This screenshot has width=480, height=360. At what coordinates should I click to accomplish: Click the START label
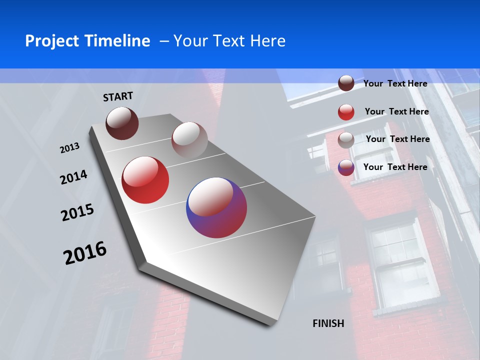pyautogui.click(x=118, y=96)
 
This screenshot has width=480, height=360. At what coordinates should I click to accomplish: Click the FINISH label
pyautogui.click(x=328, y=323)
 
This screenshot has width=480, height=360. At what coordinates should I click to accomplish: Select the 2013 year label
pyautogui.click(x=69, y=148)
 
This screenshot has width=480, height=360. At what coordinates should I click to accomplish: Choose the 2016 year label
pyautogui.click(x=85, y=252)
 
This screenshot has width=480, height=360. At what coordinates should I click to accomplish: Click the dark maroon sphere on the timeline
pyautogui.click(x=122, y=123)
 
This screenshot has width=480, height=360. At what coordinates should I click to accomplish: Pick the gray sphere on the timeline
pyautogui.click(x=189, y=140)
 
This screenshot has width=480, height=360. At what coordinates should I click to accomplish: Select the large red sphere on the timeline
pyautogui.click(x=145, y=180)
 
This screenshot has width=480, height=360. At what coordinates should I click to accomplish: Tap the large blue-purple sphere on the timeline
pyautogui.click(x=216, y=207)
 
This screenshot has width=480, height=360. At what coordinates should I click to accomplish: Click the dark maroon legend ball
pyautogui.click(x=346, y=83)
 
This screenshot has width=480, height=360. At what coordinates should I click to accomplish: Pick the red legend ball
pyautogui.click(x=346, y=111)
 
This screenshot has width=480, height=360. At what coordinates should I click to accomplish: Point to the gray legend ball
pyautogui.click(x=346, y=139)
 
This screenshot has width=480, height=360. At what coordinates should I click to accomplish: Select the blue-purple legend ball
pyautogui.click(x=346, y=167)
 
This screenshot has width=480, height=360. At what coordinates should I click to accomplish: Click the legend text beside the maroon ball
pyautogui.click(x=395, y=83)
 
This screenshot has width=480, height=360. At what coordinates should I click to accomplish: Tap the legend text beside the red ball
pyautogui.click(x=396, y=111)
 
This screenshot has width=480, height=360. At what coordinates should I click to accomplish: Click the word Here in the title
pyautogui.click(x=267, y=41)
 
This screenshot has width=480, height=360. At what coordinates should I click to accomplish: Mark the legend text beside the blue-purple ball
pyautogui.click(x=395, y=167)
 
